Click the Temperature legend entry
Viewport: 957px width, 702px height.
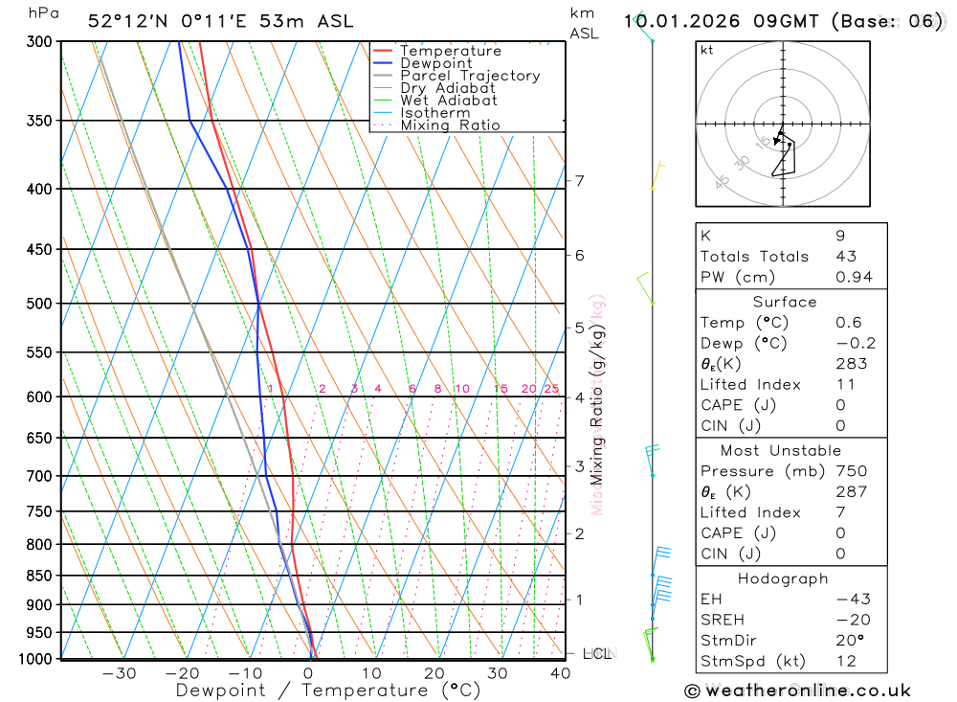pyautogui.click(x=450, y=52)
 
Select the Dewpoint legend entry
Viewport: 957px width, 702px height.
pyautogui.click(x=435, y=64)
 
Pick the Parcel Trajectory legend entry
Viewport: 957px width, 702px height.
pyautogui.click(x=469, y=76)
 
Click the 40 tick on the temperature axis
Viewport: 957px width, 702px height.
pyautogui.click(x=560, y=673)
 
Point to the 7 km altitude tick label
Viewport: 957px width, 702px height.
pyautogui.click(x=580, y=180)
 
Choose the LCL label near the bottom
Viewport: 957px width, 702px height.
pyautogui.click(x=597, y=654)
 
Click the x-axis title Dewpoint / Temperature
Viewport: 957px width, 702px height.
pyautogui.click(x=328, y=690)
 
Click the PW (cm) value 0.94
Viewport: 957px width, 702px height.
pyautogui.click(x=854, y=278)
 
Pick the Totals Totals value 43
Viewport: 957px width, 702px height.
pyautogui.click(x=846, y=257)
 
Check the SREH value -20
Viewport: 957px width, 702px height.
pyautogui.click(x=851, y=620)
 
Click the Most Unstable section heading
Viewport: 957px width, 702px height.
pyautogui.click(x=781, y=450)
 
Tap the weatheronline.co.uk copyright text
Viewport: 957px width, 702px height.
pyautogui.click(x=797, y=691)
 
